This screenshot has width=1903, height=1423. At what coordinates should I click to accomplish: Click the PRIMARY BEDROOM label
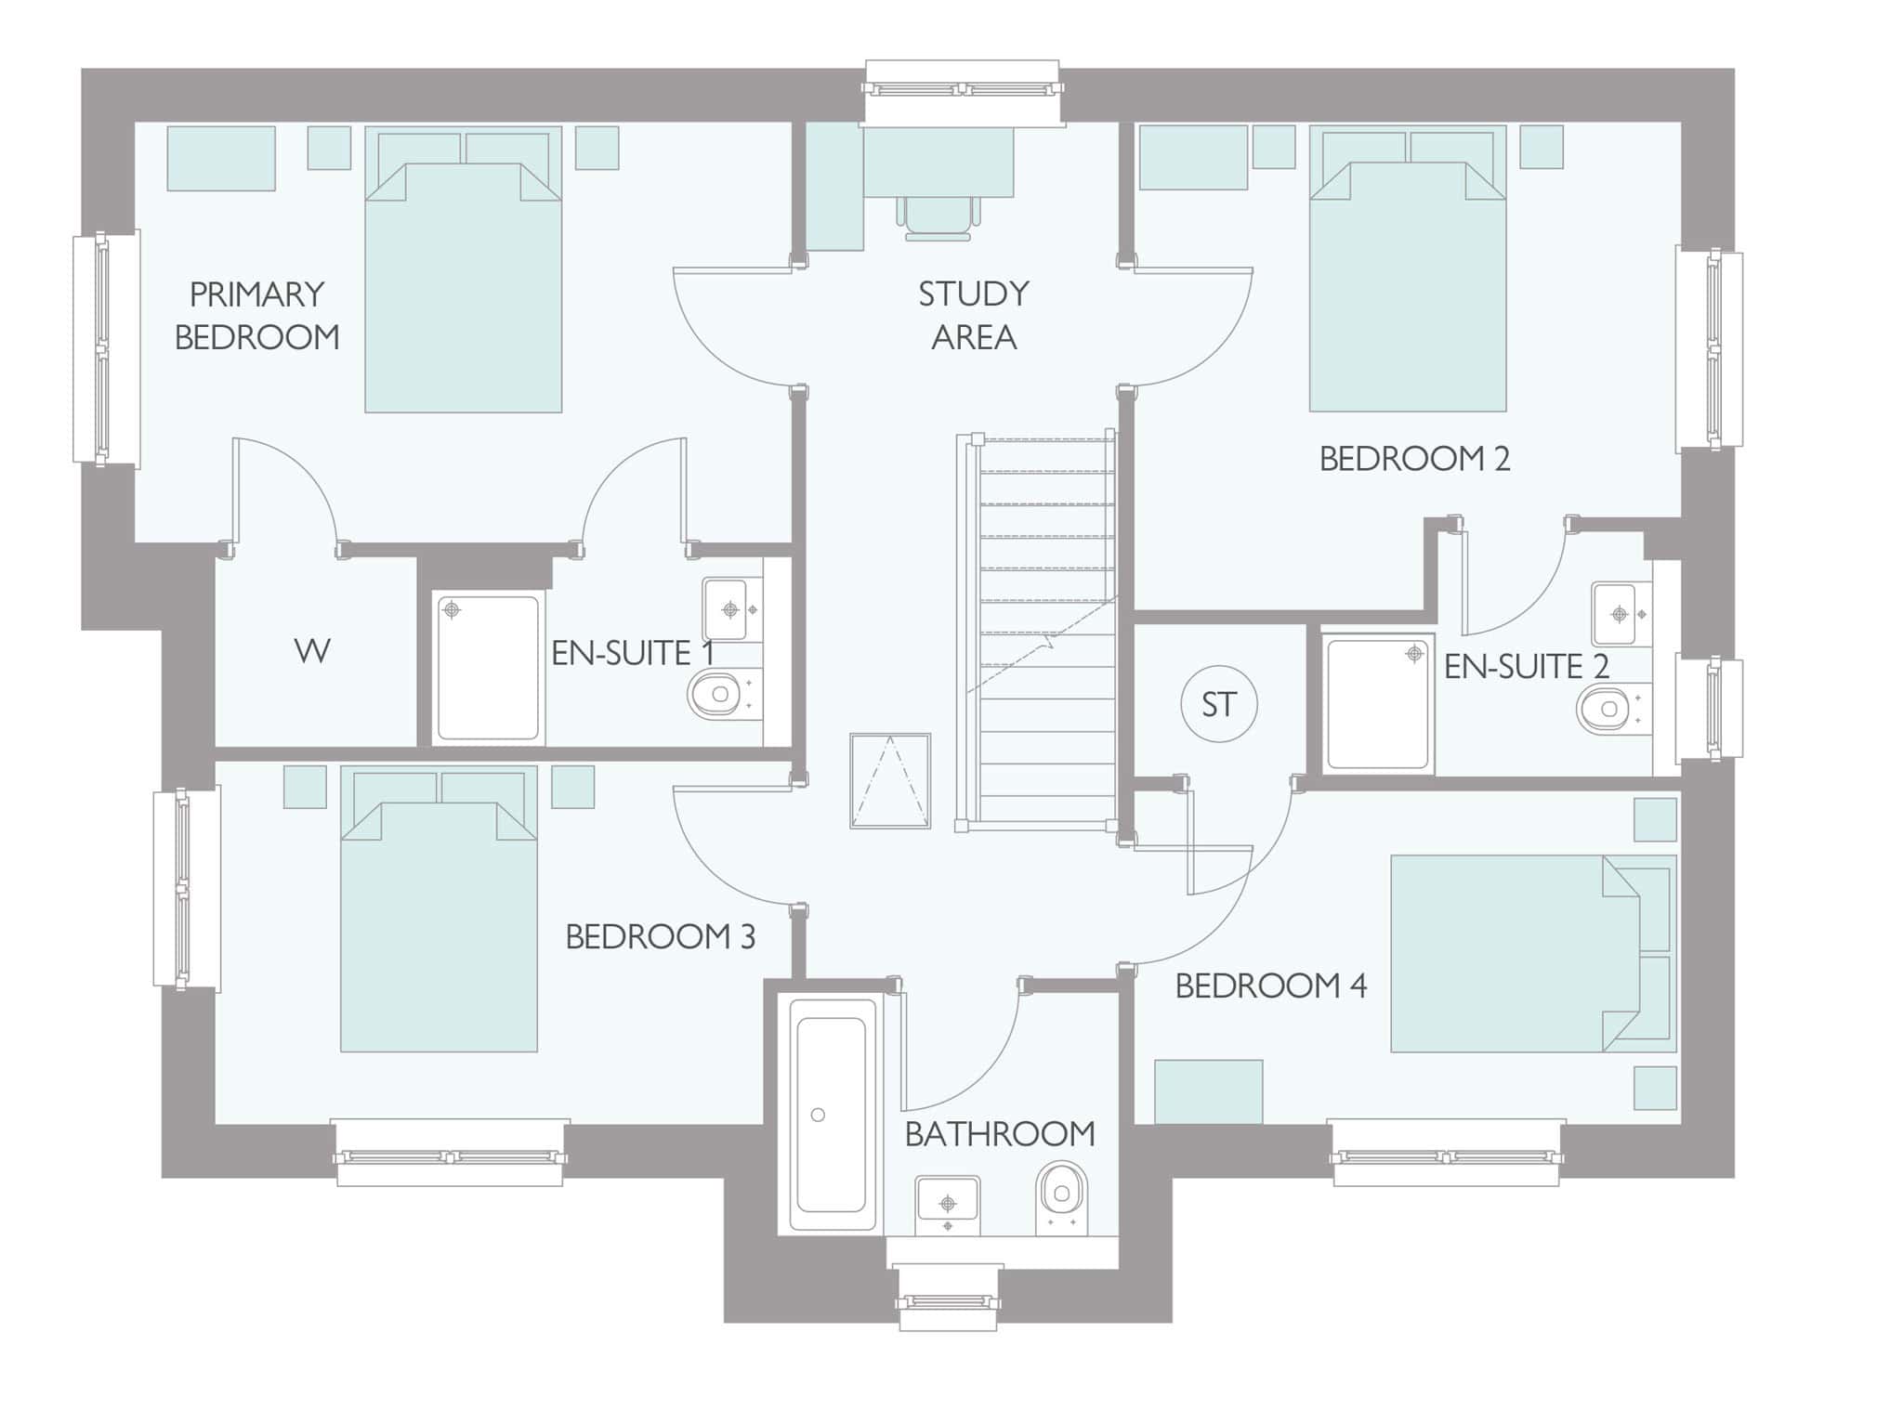257,316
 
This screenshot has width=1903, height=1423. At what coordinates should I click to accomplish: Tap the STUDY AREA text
974,316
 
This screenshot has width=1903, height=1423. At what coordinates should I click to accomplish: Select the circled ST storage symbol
1219,704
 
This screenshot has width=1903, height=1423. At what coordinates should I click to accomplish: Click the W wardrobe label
312,651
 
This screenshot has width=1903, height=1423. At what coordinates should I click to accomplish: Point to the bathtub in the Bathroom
833,1115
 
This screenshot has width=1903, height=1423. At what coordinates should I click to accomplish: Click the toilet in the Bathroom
1061,1198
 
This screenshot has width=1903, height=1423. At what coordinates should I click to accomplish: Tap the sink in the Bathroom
948,1206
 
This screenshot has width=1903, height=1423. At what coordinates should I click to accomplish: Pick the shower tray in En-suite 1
489,668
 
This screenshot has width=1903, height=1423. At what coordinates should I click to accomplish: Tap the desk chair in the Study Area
938,218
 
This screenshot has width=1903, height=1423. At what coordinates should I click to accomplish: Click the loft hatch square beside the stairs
890,780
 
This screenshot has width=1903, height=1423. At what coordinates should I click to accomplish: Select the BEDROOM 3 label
661,936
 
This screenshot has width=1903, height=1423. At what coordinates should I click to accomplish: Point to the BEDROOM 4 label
1271,986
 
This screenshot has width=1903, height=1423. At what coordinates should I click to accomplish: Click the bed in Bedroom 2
1408,269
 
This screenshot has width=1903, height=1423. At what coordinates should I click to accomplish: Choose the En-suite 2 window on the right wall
1710,707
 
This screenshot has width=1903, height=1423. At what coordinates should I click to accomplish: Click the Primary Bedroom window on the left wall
106,348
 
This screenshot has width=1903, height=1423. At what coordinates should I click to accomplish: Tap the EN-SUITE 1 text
634,653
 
